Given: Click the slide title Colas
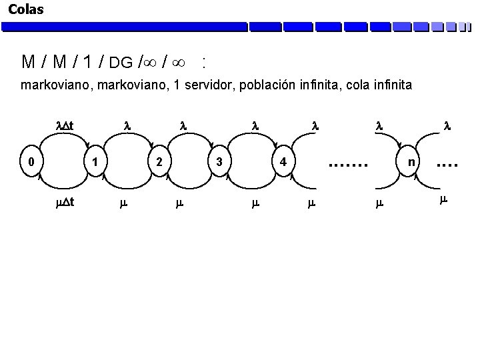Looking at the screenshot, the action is pyautogui.click(x=25, y=9).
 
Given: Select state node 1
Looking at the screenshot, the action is pyautogui.click(x=96, y=161).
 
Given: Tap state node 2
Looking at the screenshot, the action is pyautogui.click(x=158, y=161).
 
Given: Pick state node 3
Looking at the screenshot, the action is pyautogui.click(x=219, y=161).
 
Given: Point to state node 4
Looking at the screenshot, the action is pyautogui.click(x=283, y=161).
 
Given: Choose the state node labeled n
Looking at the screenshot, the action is pyautogui.click(x=412, y=161).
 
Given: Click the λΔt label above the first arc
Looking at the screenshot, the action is pyautogui.click(x=64, y=124).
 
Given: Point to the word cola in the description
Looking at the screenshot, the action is pyautogui.click(x=363, y=85).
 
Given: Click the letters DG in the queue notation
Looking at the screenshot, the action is pyautogui.click(x=121, y=63).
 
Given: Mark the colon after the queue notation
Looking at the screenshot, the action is pyautogui.click(x=203, y=63).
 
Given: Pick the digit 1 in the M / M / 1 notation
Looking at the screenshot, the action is pyautogui.click(x=88, y=63).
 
